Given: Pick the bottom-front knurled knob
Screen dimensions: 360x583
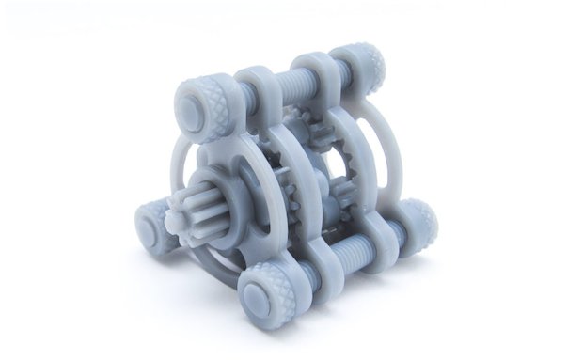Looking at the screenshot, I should click(x=268, y=292).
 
